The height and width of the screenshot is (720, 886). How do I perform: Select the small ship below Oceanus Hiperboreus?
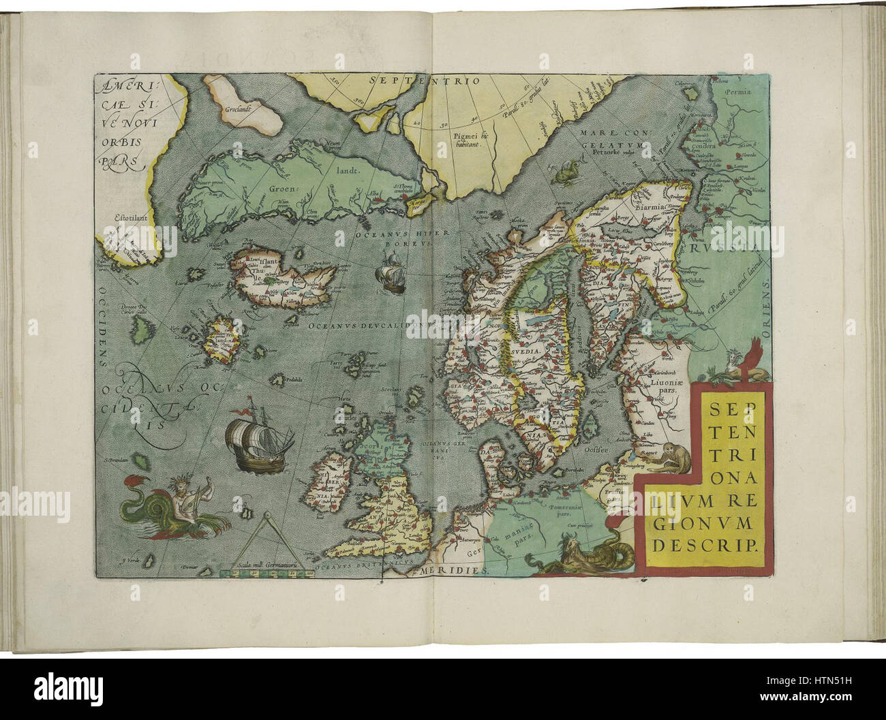[x=391, y=272]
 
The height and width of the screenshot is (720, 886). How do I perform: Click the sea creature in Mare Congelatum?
[x=566, y=174]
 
